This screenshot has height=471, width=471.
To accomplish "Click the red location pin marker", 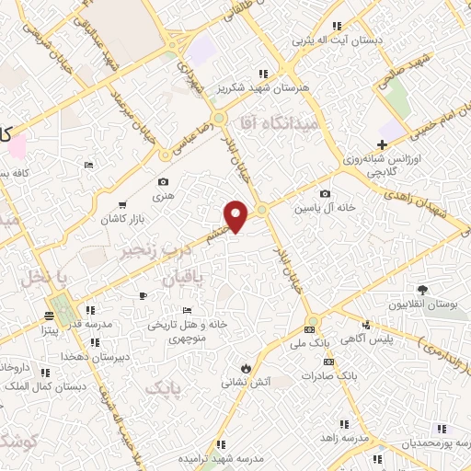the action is tap(237, 216).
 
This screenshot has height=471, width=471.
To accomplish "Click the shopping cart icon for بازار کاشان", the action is tap(122, 204).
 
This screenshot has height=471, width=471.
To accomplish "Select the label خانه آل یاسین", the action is tap(318, 209).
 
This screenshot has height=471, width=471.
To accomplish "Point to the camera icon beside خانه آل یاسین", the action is tap(325, 193).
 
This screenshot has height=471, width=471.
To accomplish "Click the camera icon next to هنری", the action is tap(164, 182).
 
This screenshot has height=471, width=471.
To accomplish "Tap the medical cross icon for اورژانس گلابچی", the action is tap(382, 144).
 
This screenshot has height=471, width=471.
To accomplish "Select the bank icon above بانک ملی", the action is tap(310, 329).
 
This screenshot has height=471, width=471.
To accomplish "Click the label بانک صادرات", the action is tap(335, 376).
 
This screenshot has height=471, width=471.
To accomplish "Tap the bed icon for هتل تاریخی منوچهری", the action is tap(188, 309).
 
